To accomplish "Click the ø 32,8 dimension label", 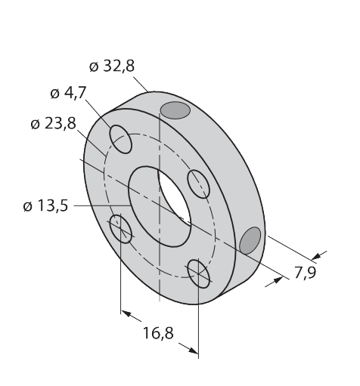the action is click(112, 66).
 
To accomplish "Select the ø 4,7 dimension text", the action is click(68, 94).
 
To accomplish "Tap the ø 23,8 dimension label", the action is click(53, 124).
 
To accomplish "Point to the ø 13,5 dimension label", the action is click(45, 205).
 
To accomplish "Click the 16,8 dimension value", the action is click(158, 333).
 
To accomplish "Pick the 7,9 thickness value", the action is click(306, 273).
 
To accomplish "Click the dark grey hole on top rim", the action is click(175, 110).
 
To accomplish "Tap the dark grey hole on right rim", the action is click(250, 240).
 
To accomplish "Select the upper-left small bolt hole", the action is click(120, 139).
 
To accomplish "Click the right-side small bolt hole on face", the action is click(198, 184).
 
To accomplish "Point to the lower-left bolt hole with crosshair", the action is click(121, 229).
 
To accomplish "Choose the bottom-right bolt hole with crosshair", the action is click(199, 273).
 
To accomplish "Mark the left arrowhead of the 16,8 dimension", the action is click(126, 313).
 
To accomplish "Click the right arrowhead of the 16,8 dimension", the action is click(193, 350).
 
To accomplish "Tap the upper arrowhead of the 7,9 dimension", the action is click(316, 256).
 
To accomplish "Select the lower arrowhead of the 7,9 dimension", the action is click(278, 279).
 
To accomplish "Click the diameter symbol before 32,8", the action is click(94, 67).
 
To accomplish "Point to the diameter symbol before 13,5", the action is click(28, 207).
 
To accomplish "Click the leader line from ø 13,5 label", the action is click(102, 205).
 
